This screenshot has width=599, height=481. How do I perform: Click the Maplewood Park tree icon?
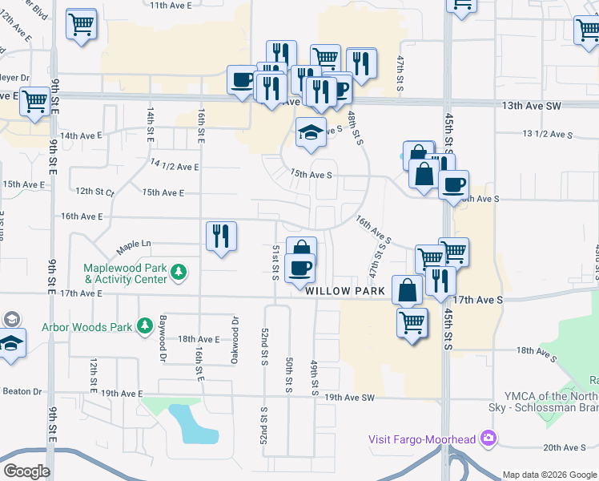coord(182,273)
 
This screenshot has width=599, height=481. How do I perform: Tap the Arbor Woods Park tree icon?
coord(145,326)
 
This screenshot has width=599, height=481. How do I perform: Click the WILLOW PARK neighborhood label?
coord(344,290)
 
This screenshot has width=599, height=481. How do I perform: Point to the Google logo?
coord(26,471)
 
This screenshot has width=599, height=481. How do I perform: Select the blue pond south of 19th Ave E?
coord(193,423)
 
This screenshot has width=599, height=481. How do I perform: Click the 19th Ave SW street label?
coord(349,398)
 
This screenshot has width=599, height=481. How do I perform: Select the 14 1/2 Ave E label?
coord(174,165)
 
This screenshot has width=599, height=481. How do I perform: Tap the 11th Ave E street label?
coord(171,5)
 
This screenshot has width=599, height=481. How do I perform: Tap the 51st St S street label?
coord(275,262)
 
